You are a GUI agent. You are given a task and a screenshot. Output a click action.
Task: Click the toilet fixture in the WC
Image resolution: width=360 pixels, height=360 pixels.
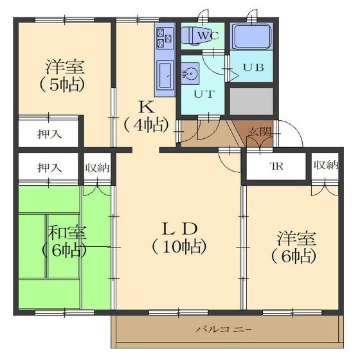point(197,35)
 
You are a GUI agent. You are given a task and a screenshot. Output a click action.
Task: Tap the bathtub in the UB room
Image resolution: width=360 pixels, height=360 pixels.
point(252,37)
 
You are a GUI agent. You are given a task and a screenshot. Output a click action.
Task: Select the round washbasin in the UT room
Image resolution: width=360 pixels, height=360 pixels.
point(190,74)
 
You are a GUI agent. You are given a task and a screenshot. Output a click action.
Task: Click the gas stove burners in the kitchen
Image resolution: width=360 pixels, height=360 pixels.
point(165,38)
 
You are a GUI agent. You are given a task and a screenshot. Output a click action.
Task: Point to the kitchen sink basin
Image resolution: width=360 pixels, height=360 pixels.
point(165,75)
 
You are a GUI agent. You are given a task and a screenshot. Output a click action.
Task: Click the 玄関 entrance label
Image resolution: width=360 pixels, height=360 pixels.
point(259,132)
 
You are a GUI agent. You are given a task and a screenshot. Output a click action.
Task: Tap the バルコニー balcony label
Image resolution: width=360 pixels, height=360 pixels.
point(224,330)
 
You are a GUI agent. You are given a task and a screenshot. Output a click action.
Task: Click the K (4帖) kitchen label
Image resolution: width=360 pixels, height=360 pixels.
point(147,116)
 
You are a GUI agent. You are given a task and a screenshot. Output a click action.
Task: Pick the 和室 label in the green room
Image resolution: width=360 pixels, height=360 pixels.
point(67,233)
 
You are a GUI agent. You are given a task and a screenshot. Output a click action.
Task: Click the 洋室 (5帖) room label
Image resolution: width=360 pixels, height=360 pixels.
point(65,76)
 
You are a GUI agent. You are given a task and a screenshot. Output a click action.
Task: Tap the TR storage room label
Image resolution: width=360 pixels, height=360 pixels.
point(276,166)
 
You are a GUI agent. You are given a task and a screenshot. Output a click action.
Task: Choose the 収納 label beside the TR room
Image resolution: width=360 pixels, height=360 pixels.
point(326,165)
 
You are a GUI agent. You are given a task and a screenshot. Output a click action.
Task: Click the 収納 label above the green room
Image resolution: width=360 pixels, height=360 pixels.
point(97,168)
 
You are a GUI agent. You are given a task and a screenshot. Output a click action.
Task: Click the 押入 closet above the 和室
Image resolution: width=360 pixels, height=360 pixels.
point(50,168)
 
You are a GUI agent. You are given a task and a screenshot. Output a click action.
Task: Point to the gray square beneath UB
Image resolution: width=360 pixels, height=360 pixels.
point(251,101)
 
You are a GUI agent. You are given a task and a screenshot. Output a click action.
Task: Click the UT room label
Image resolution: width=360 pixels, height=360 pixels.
point(204,94)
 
